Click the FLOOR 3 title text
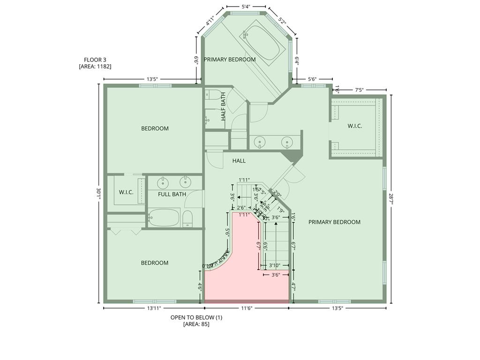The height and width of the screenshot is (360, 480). pos(95,60)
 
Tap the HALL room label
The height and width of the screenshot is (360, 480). pos(239,161)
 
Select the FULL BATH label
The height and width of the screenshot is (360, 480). pos(172,194)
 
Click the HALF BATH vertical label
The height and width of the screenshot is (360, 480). pos(224,106)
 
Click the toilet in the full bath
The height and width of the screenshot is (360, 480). pos(187,219)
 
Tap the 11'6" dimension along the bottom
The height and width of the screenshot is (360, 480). pos(247,308)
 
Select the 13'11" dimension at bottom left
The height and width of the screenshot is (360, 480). pos(154,308)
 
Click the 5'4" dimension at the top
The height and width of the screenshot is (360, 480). pos(246,7)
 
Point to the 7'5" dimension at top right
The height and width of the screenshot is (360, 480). pos(360,90)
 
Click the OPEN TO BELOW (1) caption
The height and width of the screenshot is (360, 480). pos(196,317)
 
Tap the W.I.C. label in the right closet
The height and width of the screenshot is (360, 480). pos(354,126)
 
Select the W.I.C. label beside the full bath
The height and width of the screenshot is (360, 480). pos(126,192)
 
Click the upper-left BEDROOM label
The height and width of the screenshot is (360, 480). pos(155,128)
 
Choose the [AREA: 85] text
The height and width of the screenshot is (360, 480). pos(196,324)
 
